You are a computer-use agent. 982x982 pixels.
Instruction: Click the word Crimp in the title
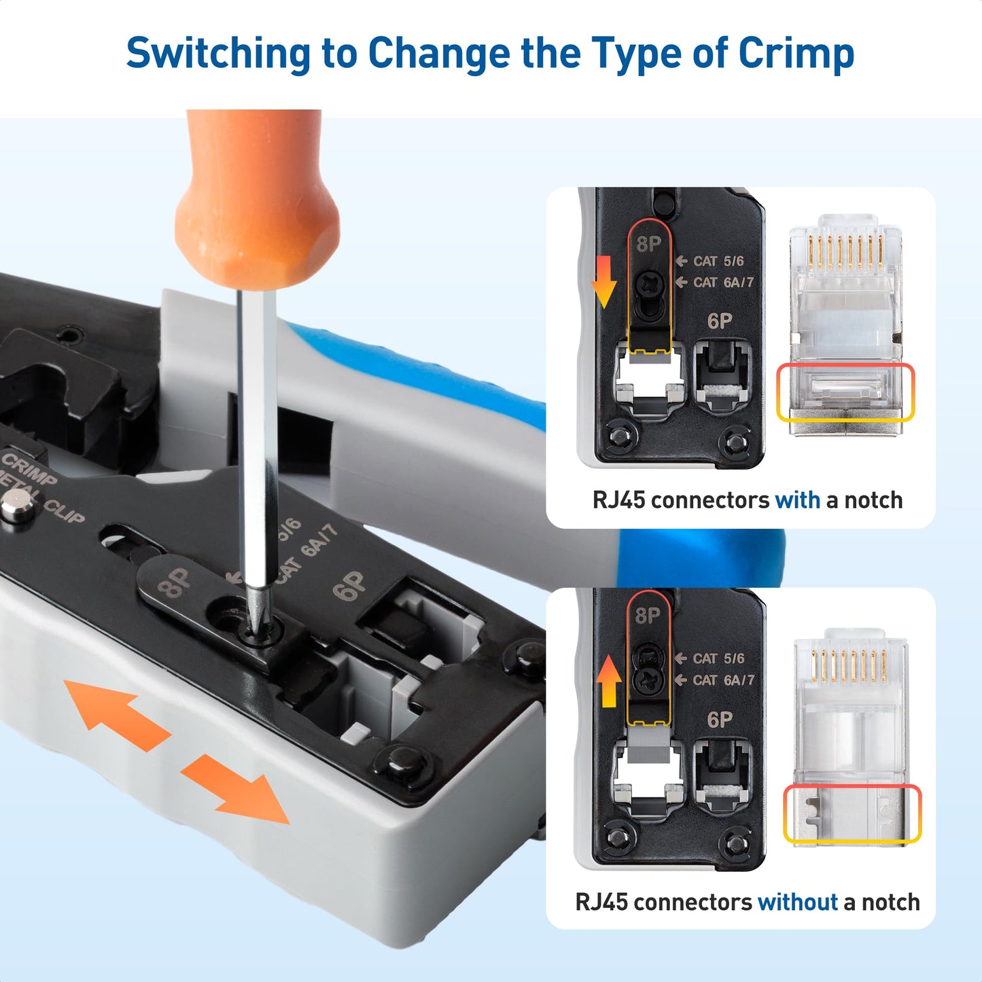coord(796,54)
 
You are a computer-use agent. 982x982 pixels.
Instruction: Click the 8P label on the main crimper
coord(175,583)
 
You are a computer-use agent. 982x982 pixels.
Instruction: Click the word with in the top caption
coord(797,500)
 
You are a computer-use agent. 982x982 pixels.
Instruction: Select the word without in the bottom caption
coord(797,902)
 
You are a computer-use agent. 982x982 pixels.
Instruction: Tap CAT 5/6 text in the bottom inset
coord(718,659)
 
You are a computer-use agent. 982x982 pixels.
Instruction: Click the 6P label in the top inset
coord(720,321)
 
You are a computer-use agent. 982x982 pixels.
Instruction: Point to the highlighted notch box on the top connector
coord(845,392)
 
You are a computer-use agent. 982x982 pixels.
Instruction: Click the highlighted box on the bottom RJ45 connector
coord(852,813)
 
